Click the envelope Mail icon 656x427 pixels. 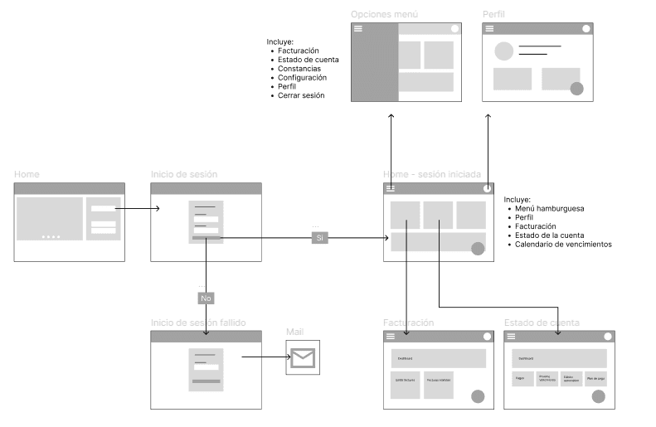(x=303, y=358)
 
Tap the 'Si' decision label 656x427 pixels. (x=319, y=238)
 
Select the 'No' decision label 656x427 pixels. (x=206, y=298)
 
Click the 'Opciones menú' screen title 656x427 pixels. (x=384, y=15)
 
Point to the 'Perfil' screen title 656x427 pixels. (x=493, y=15)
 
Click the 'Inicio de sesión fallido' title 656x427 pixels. (x=198, y=323)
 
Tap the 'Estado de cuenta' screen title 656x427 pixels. (x=542, y=323)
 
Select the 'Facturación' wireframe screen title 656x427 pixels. (x=408, y=323)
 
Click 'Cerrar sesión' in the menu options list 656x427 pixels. (x=301, y=95)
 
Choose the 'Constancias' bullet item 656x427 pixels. (x=299, y=68)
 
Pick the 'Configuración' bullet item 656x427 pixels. (x=302, y=77)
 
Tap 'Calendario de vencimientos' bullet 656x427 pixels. (x=563, y=245)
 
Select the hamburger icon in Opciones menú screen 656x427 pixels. (x=358, y=28)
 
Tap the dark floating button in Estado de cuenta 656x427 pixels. (x=599, y=397)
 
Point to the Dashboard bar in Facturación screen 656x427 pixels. (x=438, y=358)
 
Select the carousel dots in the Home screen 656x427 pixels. (x=51, y=236)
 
